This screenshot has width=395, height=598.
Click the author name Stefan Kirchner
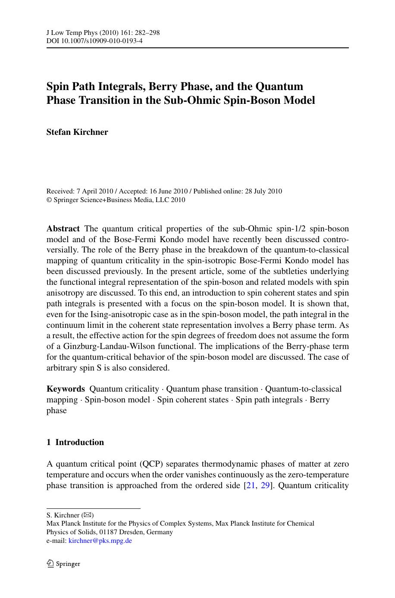(77, 132)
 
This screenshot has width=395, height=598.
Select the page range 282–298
(146, 32)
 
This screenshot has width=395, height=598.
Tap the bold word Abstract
(63, 229)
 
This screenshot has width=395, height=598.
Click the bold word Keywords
(66, 389)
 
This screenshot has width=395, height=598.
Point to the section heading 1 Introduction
(75, 442)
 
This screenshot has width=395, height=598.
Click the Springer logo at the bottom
(63, 564)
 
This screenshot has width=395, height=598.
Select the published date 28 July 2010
(263, 191)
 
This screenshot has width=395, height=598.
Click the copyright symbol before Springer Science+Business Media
(49, 200)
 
